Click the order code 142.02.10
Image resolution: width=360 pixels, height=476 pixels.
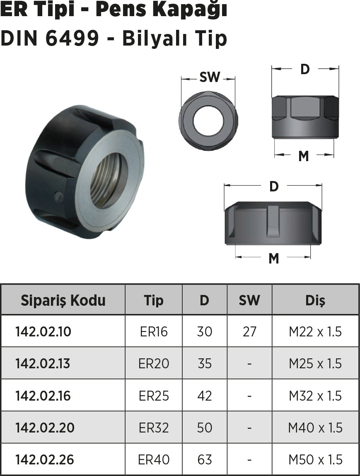click(43, 331)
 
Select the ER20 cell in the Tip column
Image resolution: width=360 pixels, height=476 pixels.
click(154, 363)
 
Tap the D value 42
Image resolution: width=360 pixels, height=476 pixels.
click(204, 396)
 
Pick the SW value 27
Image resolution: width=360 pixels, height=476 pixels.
click(249, 331)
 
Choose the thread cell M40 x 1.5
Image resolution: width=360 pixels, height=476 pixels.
click(315, 428)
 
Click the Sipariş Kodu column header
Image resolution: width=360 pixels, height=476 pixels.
click(63, 300)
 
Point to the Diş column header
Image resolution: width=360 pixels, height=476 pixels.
click(315, 300)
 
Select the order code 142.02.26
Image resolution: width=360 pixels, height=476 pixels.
click(45, 459)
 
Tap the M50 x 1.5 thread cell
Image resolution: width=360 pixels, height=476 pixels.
click(315, 459)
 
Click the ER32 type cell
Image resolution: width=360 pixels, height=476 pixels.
click(154, 428)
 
